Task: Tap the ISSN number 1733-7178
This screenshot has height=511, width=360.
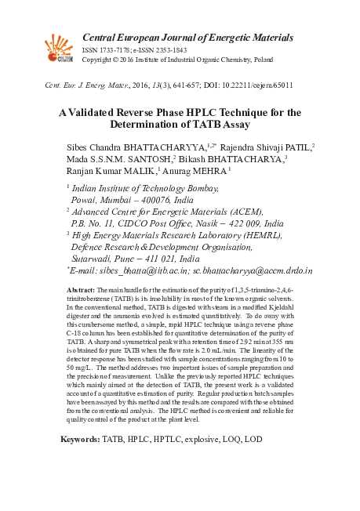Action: [111, 49]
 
